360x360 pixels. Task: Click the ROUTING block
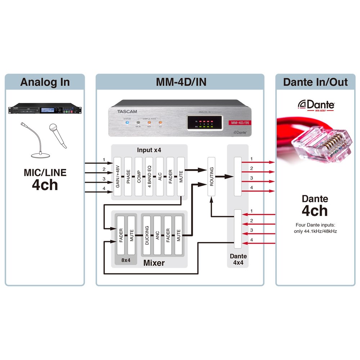[211, 176]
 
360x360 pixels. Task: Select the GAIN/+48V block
[118, 176]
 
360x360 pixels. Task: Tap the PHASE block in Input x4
[129, 176]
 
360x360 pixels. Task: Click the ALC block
[160, 176]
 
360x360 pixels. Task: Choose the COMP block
[139, 176]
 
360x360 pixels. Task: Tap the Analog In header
[45, 82]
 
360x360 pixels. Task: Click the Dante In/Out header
[315, 82]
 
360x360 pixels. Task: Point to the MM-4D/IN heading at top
[181, 82]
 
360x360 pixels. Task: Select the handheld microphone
[58, 135]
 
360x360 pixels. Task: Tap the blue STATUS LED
[126, 123]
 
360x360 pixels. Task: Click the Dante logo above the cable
[316, 105]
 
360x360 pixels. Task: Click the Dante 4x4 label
[238, 259]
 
